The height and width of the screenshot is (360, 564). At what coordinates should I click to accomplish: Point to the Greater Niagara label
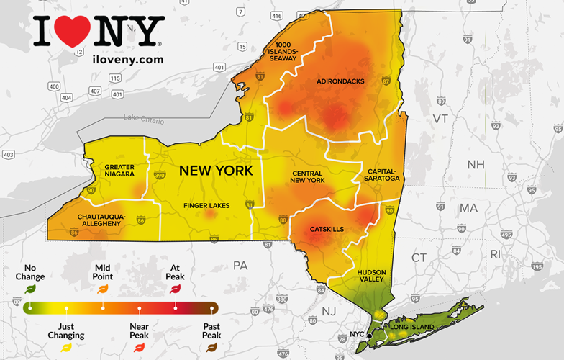(120, 171)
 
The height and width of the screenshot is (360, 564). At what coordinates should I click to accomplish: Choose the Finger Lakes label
(206, 206)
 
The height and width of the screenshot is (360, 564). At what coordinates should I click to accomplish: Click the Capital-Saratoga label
(381, 176)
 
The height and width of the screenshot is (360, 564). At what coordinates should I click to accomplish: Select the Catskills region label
(327, 229)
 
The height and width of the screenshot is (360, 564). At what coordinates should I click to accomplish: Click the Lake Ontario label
(143, 117)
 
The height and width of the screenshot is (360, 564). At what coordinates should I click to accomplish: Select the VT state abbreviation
(440, 118)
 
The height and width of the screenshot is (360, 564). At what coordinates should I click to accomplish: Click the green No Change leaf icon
(30, 289)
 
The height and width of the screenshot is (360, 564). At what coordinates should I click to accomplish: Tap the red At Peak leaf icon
(175, 289)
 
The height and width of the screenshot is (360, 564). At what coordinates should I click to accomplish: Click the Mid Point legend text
(102, 271)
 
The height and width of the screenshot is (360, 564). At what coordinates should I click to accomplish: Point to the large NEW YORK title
(216, 171)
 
